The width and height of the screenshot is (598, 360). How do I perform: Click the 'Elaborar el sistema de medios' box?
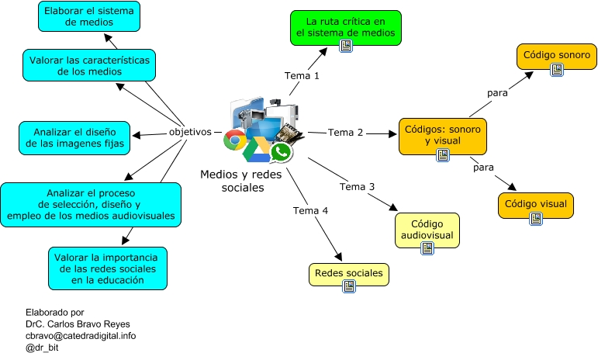(88, 16)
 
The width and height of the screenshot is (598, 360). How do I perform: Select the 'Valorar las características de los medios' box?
(88, 65)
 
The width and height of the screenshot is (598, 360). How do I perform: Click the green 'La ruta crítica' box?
(346, 26)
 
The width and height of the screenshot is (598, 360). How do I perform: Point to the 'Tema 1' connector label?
(302, 76)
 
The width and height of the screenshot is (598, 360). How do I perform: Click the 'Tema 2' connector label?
(345, 133)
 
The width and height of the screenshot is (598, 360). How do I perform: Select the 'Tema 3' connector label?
(357, 187)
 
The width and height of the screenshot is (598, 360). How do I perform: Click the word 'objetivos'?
(190, 132)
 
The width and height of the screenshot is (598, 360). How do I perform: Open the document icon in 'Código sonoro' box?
(556, 70)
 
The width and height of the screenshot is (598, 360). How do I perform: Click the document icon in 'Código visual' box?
(535, 219)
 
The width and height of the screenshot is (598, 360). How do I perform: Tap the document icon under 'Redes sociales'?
(349, 286)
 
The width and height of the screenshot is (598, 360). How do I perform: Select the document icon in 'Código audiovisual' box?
(427, 248)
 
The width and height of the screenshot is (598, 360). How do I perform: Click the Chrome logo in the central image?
(234, 140)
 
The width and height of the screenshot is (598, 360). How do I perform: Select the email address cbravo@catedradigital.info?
(81, 336)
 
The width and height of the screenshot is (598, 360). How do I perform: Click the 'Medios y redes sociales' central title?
(232, 182)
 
